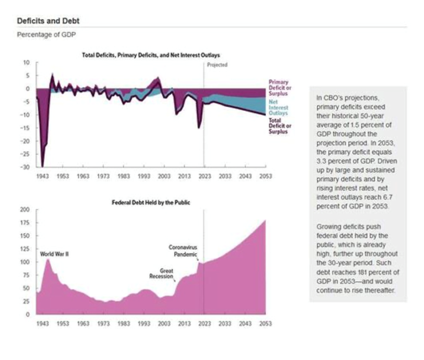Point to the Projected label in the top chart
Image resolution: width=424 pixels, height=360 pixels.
click(216, 65)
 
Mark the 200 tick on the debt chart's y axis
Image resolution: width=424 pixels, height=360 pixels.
click(24, 210)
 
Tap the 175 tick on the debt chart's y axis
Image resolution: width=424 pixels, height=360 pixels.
click(24, 223)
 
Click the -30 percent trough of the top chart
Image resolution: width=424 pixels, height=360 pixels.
click(43, 166)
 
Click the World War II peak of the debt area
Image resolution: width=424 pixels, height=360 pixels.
click(48, 259)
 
